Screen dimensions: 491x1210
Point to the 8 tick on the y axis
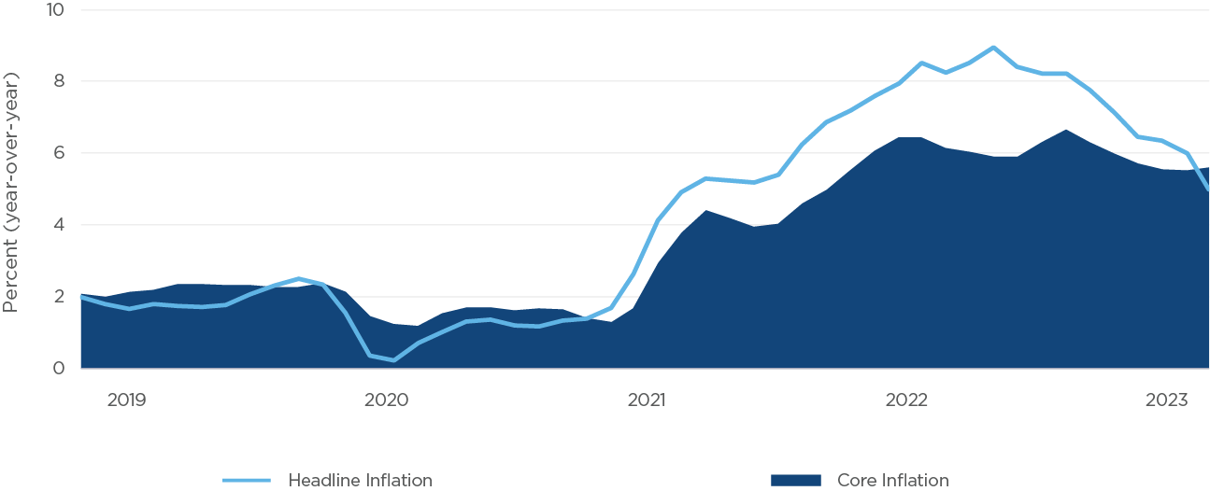60,81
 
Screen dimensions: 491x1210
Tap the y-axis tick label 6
60,153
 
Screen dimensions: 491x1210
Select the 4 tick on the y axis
60,225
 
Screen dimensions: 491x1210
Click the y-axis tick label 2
60,297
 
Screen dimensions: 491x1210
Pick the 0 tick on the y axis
60,368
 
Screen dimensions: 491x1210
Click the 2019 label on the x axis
127,400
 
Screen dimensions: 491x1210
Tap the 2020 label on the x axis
386,400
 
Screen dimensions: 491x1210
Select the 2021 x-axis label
646,400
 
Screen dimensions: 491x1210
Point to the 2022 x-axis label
905,400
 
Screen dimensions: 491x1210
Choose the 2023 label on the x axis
1165,400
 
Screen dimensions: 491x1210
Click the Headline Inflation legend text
360,481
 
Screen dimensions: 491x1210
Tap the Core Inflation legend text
892,481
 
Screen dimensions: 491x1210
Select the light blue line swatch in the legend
247,481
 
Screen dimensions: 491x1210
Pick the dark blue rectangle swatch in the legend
796,481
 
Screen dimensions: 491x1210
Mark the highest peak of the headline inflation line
993,47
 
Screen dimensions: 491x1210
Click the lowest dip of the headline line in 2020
393,360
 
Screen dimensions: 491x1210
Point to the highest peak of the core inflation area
1066,130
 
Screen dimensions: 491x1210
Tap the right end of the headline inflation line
1208,189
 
